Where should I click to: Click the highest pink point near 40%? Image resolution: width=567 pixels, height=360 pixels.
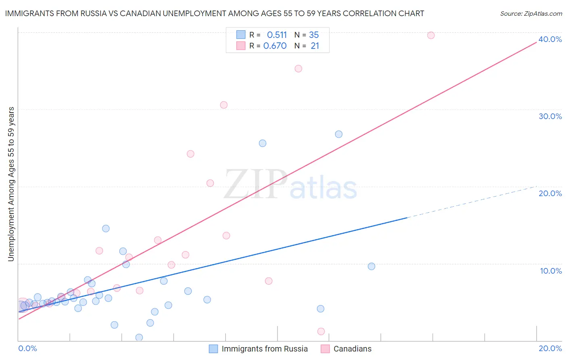431,35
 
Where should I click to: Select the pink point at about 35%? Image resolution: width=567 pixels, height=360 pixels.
298,69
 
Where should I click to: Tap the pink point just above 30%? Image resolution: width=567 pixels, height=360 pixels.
224,105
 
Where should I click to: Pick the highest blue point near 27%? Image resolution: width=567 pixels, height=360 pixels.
339,134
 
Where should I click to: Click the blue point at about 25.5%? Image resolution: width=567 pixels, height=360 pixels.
263,143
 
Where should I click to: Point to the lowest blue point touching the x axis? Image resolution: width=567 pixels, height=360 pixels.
139,337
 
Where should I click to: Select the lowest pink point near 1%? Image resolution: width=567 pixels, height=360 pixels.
321,331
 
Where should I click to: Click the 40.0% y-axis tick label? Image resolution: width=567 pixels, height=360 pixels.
550,39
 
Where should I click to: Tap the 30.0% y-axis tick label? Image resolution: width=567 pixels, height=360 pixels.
550,116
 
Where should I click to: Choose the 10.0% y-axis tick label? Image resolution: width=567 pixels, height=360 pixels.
551,271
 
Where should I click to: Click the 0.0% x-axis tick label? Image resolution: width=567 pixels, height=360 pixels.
28,348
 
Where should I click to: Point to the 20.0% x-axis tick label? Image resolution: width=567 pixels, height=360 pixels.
550,348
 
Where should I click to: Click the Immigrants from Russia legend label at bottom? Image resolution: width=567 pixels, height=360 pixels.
265,349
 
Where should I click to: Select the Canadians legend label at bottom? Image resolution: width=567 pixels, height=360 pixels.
352,349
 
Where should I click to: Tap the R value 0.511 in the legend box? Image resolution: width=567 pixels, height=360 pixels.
277,35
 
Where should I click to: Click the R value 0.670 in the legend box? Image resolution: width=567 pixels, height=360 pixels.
275,46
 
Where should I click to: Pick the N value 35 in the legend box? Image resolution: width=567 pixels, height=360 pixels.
314,35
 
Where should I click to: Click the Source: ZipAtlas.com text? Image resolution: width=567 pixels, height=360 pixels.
531,14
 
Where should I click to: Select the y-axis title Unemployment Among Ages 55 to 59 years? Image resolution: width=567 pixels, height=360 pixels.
11,184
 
